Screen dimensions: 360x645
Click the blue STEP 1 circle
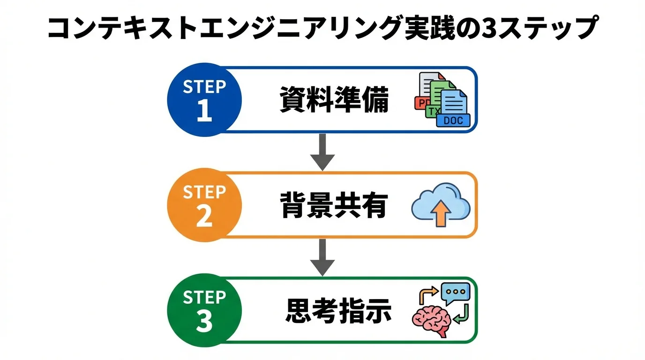(204, 99)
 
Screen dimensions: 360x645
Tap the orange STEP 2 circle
(204, 205)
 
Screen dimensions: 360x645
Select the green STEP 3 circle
(204, 310)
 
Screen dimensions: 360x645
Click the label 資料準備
(334, 100)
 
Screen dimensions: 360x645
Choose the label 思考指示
(338, 311)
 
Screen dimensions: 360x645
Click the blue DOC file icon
(453, 109)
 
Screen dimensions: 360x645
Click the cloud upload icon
(441, 204)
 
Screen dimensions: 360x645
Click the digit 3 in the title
(491, 29)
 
